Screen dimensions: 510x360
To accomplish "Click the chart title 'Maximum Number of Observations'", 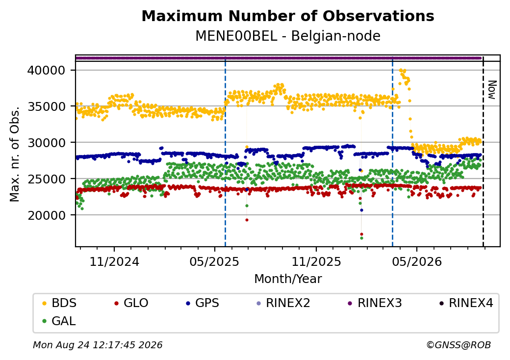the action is point(288,16).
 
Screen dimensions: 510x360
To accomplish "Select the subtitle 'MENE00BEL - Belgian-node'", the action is point(288,36).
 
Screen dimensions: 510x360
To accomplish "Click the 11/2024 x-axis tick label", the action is point(114,262).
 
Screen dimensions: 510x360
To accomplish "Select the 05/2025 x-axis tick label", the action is point(214,262).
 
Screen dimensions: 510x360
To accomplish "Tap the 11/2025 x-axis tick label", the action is point(316,262).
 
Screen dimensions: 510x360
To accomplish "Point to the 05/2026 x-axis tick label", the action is point(417,262).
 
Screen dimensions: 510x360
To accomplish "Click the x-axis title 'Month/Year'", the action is point(288,279).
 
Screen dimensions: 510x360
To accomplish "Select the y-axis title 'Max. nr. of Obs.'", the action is point(14,154).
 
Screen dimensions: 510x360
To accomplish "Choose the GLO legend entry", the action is point(131,303).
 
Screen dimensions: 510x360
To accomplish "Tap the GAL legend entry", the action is point(59,321).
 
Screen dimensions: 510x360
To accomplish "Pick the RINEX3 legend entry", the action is point(375,303).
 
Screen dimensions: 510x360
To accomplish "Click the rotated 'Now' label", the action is point(492,90).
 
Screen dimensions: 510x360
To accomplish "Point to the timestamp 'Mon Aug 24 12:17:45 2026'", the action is point(98,345).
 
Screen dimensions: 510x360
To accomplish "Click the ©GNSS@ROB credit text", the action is point(459,345).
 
